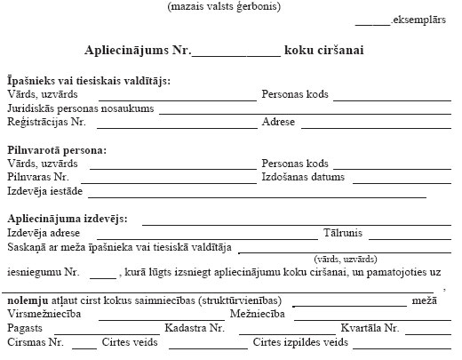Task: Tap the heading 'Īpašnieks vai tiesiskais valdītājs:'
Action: (89, 81)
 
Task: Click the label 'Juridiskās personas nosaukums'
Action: (79, 108)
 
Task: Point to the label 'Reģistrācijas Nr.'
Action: (45, 122)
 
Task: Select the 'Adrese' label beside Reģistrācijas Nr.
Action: (279, 122)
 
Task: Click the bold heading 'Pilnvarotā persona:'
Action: (57, 150)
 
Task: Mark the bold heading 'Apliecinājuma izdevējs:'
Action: (67, 219)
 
